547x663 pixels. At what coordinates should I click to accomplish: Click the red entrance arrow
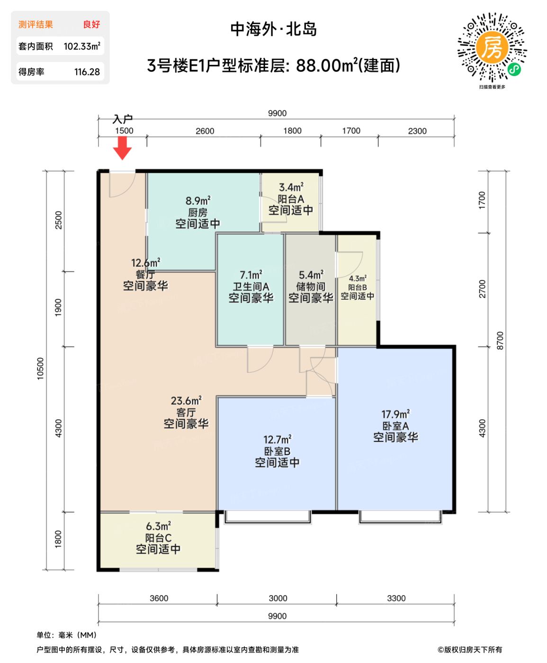(122, 147)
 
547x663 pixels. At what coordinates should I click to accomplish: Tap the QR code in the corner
(492, 48)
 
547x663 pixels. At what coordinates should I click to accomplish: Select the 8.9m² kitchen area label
(198, 201)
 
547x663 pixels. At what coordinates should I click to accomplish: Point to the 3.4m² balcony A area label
(291, 188)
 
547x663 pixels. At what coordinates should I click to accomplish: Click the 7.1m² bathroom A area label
(251, 275)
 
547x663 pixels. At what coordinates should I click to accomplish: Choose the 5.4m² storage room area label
(311, 275)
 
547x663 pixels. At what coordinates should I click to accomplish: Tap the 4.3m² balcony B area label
(358, 279)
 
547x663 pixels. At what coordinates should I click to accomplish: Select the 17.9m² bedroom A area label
(395, 414)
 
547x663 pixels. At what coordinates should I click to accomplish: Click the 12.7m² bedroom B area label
(278, 440)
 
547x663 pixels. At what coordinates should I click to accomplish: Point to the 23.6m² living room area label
(186, 401)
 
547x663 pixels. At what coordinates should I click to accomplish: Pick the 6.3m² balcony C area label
(158, 527)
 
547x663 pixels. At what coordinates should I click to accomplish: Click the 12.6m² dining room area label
(145, 263)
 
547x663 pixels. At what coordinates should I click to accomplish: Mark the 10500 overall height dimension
(40, 368)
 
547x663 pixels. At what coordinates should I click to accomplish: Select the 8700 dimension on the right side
(500, 341)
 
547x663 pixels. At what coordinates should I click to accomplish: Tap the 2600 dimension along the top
(205, 131)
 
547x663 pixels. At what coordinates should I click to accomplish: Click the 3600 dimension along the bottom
(159, 599)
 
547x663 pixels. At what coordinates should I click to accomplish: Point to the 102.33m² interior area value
(82, 46)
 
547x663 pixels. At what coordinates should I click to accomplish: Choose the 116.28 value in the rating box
(87, 72)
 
